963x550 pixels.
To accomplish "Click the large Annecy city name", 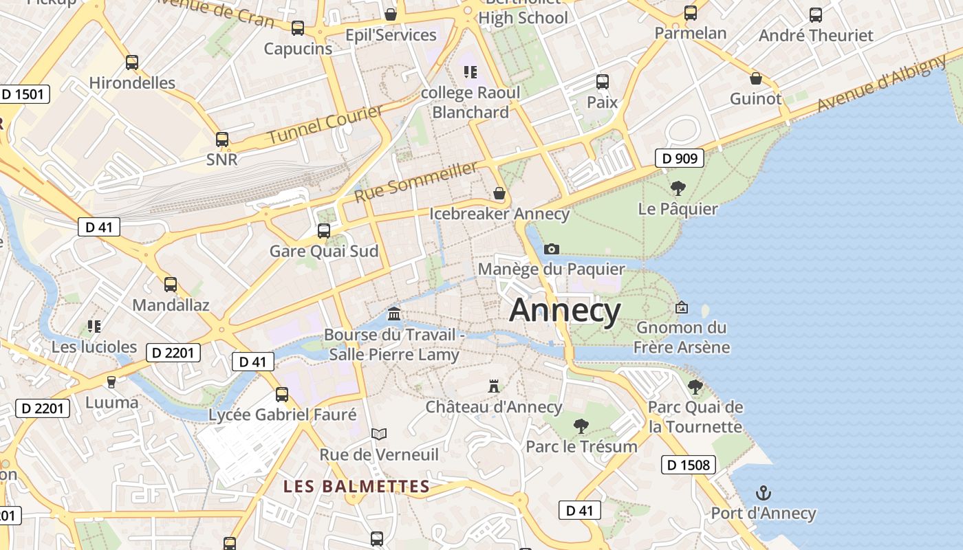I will pos(565,311).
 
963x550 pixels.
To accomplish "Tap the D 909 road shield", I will pos(680,159).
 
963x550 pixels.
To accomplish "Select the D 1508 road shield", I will pos(689,465).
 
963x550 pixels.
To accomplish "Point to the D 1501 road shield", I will pos(25,94).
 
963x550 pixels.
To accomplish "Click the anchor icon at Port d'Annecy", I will pos(763,493).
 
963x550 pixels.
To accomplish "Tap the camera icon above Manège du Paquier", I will pos(551,249).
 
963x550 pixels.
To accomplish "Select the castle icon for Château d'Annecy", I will pos(494,386).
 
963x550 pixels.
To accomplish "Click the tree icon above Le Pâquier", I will pos(678,188).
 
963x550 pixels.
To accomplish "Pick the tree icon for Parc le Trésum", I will pos(581,426).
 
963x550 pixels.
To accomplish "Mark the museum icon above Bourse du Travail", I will pos(394,314).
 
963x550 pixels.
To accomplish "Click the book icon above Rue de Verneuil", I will pos(379,434).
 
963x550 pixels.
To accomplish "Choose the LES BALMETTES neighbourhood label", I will pos(356,487).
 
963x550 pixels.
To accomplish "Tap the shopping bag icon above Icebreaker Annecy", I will pos(499,193).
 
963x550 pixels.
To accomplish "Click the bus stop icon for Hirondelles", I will pos(132,63).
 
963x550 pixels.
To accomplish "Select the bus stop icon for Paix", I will pos(603,82).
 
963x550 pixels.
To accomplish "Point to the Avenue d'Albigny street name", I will pos(883,85).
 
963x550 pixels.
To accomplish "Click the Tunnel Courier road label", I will pos(325,124).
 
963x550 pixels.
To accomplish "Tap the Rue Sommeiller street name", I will pos(415,182).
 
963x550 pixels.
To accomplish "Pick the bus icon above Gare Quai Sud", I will pos(324,230).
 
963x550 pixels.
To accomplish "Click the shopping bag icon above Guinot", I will pos(756,78).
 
